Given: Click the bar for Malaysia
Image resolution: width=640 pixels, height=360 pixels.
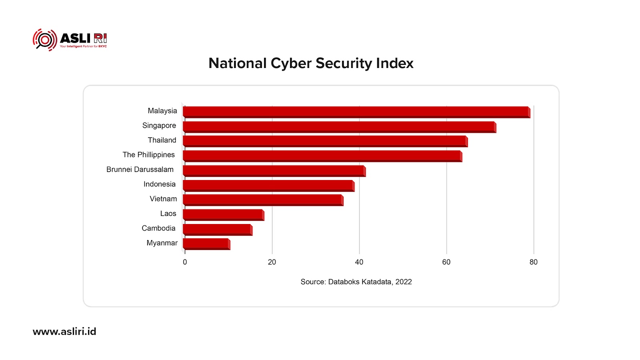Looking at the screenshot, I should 356,112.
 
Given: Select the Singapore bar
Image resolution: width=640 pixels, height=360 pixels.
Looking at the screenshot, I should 339,127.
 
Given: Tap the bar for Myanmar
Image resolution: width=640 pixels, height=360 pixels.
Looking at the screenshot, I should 206,244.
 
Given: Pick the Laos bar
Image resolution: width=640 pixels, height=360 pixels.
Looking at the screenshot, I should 223,214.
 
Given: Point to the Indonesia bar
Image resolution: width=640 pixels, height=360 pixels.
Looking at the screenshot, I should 268,186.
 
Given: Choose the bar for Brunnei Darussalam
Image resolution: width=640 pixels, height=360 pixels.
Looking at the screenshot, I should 274,171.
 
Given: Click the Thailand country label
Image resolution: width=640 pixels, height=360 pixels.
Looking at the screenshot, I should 162,140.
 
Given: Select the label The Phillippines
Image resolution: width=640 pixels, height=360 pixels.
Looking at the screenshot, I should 149,155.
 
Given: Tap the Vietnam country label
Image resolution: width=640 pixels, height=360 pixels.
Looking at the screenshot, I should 163,199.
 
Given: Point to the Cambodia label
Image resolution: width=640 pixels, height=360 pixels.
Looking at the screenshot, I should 158,228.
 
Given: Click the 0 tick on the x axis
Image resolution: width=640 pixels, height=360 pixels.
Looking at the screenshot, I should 185,262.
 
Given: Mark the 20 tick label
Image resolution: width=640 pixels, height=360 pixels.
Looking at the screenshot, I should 272,262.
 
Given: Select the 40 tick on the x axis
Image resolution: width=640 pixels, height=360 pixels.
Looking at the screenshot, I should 359,262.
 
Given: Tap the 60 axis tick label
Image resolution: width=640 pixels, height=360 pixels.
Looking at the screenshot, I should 446,262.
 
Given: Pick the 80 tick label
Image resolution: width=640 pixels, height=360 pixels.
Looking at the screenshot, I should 534,262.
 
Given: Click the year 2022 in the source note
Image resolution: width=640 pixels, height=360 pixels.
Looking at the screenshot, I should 404,282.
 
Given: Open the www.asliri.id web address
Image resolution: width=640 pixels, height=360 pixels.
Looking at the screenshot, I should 64,332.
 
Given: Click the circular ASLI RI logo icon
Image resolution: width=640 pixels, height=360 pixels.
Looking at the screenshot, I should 45,40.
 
